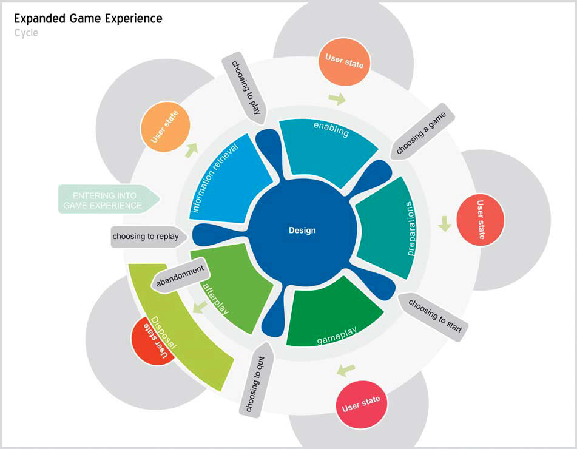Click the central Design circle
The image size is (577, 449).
302,231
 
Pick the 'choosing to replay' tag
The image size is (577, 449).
146,237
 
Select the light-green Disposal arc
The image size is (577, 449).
182,334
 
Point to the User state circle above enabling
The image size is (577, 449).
344,62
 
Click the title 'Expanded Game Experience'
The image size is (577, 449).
88,19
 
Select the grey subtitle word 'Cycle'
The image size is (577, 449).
25,33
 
